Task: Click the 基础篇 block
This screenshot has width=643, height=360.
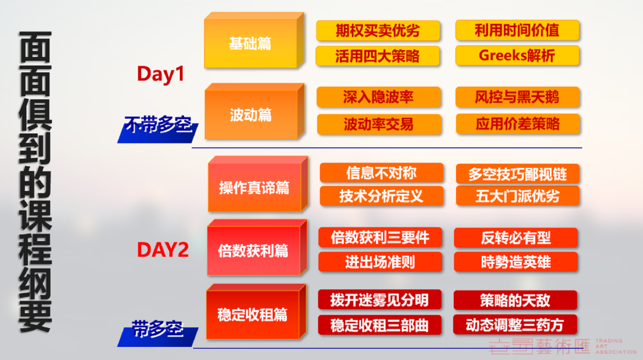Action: point(254,40)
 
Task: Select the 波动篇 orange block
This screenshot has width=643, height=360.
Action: point(254,111)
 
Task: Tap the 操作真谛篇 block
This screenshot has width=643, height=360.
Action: point(258,184)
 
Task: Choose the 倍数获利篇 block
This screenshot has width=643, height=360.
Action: point(257,248)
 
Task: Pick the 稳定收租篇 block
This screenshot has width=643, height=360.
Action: point(256,312)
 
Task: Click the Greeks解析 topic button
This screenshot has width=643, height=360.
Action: point(517,56)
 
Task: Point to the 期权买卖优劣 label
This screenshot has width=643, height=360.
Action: point(377,31)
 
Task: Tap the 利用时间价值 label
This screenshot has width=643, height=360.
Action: point(517,30)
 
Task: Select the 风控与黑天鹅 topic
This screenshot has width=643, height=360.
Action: point(517,97)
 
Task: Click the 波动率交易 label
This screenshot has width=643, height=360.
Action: point(379,124)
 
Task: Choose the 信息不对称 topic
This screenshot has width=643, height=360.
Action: point(382,173)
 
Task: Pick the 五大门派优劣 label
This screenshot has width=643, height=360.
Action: point(517,196)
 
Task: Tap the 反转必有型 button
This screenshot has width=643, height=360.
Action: point(516,238)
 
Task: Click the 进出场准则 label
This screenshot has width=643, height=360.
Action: point(380,262)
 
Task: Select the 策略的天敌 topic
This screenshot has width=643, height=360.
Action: point(515,300)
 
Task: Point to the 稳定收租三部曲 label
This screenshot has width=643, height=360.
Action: point(379,325)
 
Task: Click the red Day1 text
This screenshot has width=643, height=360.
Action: point(160,74)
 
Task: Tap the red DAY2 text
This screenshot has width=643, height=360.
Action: point(163,250)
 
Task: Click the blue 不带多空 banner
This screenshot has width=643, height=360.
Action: point(158,130)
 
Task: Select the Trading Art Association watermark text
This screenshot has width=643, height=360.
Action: point(616,346)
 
